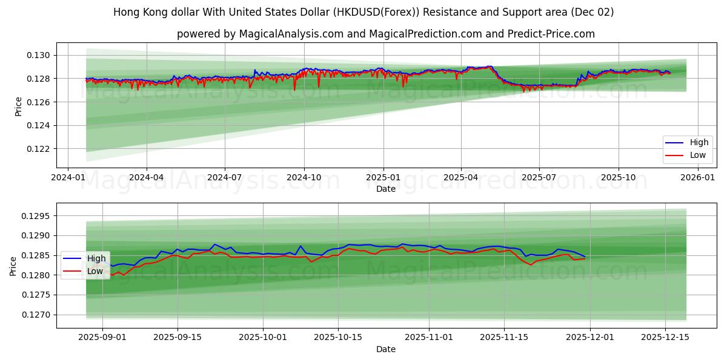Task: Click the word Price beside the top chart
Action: click(x=18, y=106)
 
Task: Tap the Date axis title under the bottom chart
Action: click(x=385, y=349)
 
